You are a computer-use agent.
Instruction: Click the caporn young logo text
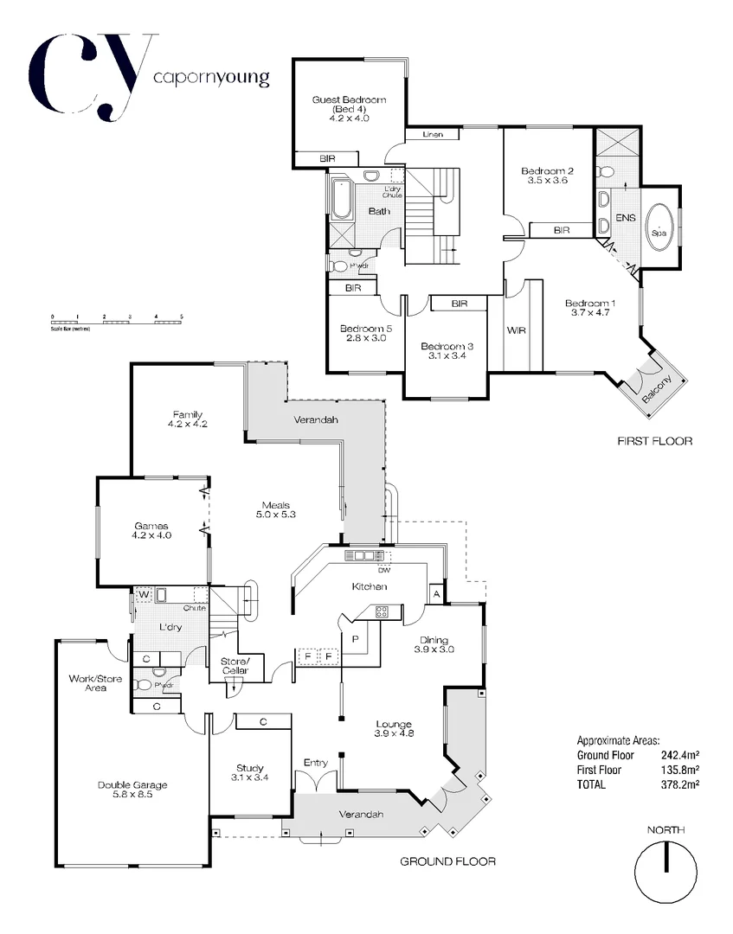pyautogui.click(x=210, y=78)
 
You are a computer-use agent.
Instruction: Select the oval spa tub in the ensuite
pyautogui.click(x=662, y=227)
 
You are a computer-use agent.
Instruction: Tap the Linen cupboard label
pyautogui.click(x=434, y=135)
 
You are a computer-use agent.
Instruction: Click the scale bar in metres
pyautogui.click(x=117, y=322)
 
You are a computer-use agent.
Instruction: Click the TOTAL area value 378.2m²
pyautogui.click(x=679, y=784)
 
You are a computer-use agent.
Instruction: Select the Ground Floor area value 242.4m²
pyautogui.click(x=679, y=755)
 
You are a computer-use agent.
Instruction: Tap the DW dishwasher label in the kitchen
pyautogui.click(x=384, y=569)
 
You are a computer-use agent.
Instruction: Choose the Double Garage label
pyautogui.click(x=132, y=785)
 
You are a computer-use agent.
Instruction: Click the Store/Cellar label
pyautogui.click(x=235, y=665)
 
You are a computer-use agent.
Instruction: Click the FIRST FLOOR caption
pyautogui.click(x=655, y=441)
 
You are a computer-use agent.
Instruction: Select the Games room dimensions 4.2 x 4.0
pyautogui.click(x=151, y=535)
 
